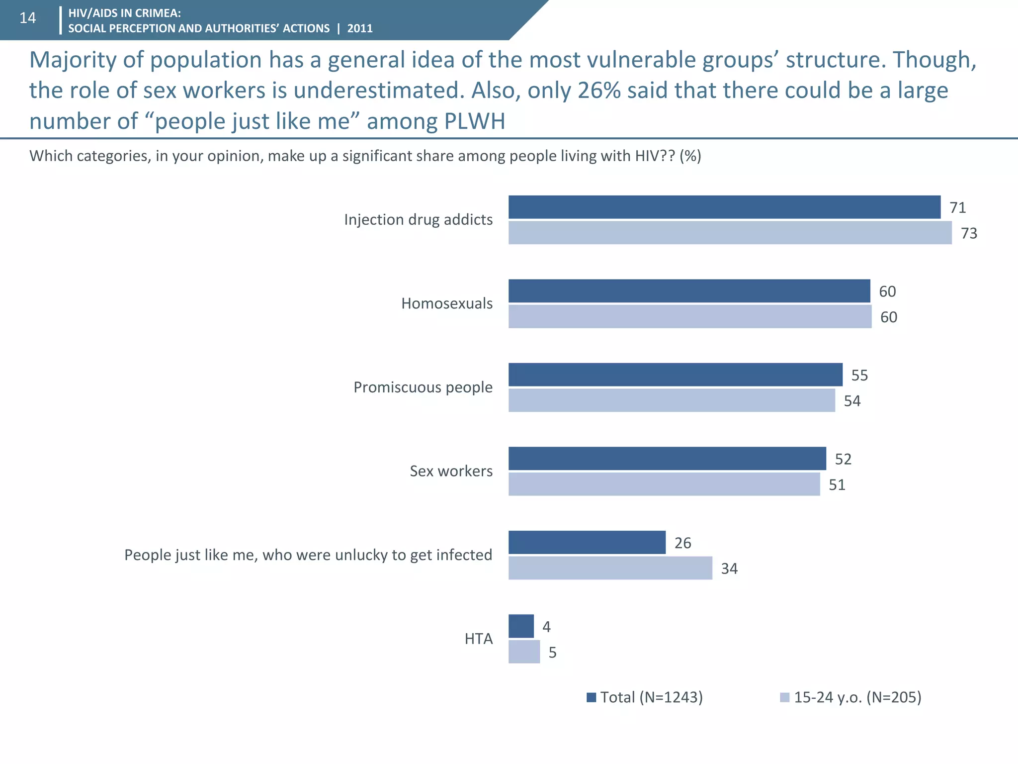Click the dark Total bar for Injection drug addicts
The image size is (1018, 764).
724,207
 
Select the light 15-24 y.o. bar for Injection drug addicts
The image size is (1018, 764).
730,233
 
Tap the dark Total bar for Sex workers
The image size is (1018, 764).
667,458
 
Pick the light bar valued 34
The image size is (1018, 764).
610,568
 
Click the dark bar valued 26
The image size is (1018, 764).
587,542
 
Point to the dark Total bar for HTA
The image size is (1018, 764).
521,626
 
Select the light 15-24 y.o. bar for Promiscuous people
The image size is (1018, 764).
672,400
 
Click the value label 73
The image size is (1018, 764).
969,233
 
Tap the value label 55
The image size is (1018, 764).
859,375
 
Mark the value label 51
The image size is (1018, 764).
837,484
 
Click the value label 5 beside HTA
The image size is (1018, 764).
552,653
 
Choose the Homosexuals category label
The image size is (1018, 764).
447,303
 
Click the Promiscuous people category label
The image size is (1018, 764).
423,387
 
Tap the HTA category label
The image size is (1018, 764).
479,639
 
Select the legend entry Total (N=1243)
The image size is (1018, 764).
645,697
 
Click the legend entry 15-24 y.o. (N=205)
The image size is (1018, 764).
851,697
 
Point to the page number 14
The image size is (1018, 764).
28,18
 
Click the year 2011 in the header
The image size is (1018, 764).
360,28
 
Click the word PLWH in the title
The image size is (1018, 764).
474,121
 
